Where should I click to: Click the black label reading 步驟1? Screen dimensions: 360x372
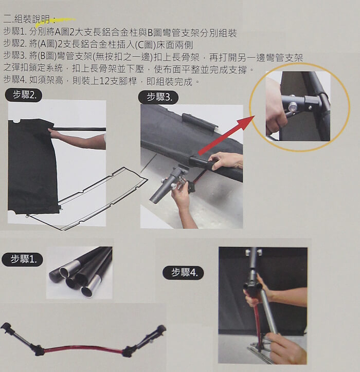(22, 259)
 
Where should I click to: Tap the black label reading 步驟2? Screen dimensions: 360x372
(24, 95)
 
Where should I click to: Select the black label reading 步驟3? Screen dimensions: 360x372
(158, 97)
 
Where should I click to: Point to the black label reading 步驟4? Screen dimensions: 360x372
(183, 273)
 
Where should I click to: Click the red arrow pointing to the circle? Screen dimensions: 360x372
(226, 135)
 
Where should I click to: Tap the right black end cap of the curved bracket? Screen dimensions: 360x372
(161, 329)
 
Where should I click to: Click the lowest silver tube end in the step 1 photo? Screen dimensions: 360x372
(86, 290)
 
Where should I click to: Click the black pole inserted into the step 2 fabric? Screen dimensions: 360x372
(80, 129)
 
